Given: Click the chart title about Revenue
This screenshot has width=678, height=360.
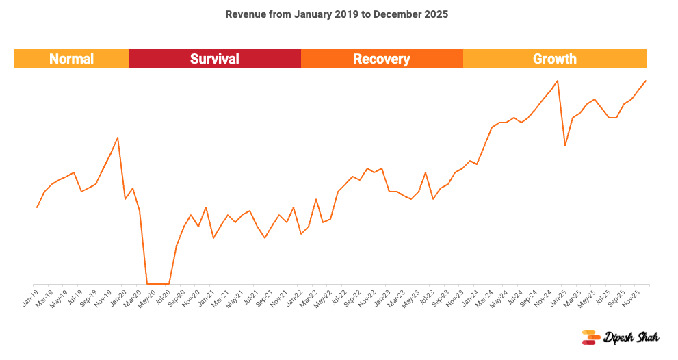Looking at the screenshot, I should pyautogui.click(x=337, y=14).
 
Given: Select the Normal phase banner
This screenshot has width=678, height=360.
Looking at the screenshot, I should pyautogui.click(x=72, y=59).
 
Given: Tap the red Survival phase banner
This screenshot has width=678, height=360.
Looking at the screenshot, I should pyautogui.click(x=215, y=59).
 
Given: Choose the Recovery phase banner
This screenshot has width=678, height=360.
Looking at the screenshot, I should pyautogui.click(x=382, y=59).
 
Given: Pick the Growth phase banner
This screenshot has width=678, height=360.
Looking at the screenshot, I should pyautogui.click(x=555, y=59).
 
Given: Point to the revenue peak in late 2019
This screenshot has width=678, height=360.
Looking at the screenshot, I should pyautogui.click(x=118, y=138).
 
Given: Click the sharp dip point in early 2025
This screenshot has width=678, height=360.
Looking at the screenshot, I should pyautogui.click(x=565, y=145).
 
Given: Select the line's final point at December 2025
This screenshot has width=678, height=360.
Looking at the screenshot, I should pyautogui.click(x=646, y=81).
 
